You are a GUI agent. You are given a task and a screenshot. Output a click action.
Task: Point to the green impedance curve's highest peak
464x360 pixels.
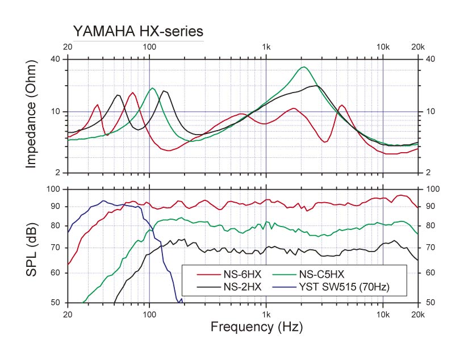(x=304, y=67)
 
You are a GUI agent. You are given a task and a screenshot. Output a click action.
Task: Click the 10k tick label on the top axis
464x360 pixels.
(x=383, y=47)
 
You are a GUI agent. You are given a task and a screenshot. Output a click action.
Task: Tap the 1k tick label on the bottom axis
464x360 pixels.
(x=266, y=313)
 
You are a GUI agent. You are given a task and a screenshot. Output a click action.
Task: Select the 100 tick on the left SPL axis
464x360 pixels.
(x=55, y=189)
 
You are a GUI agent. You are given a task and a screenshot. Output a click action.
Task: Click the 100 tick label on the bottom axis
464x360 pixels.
(x=149, y=313)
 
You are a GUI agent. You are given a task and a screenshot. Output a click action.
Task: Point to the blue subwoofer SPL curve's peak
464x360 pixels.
(x=103, y=200)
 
